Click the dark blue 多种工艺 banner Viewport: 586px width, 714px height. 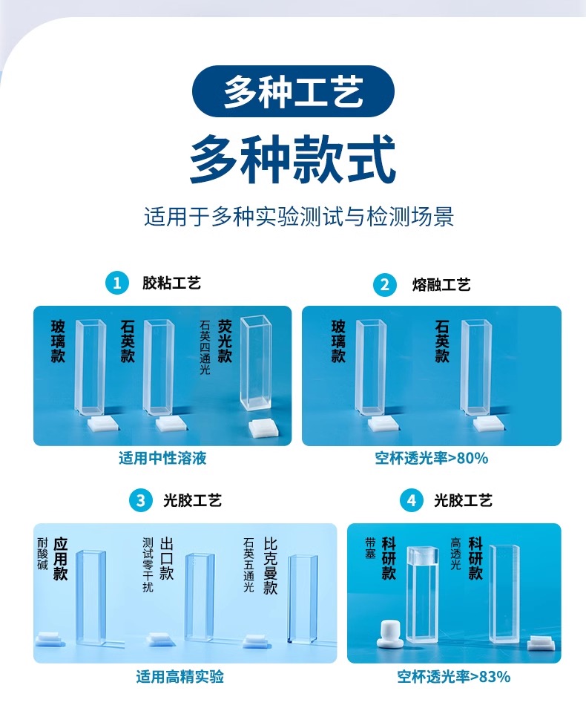(293, 91)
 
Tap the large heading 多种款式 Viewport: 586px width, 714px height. (293, 159)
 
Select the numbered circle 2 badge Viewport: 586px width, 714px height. (385, 284)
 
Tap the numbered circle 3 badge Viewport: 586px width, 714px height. (141, 501)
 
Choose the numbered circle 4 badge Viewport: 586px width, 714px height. (411, 501)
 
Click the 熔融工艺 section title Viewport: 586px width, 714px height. (441, 285)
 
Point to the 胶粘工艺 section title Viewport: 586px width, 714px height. (171, 284)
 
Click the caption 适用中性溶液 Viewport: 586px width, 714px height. (162, 458)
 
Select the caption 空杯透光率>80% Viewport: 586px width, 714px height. (431, 458)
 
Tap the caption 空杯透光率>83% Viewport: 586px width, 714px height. (454, 677)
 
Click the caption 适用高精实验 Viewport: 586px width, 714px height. (180, 677)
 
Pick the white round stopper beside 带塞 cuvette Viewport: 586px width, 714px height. (389, 632)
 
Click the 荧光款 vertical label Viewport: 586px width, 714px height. (225, 341)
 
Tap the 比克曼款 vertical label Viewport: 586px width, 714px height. (270, 566)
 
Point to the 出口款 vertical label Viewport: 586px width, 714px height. (166, 559)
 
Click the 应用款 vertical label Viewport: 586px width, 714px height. (61, 559)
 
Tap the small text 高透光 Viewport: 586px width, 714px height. (456, 554)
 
